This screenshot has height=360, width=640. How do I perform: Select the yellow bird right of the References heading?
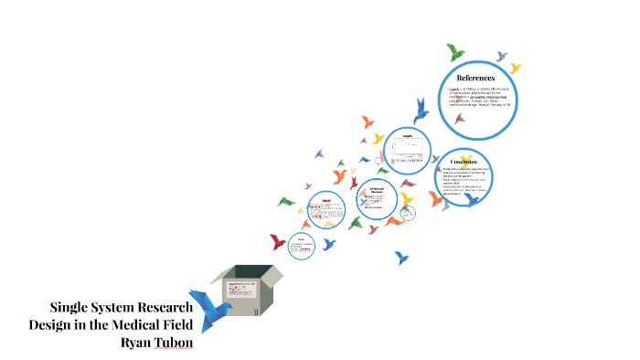(515, 68)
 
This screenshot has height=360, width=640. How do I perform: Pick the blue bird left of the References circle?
(421, 111)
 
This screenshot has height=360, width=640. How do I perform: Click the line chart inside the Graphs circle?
(406, 146)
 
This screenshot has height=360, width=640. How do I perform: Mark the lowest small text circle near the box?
(302, 244)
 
